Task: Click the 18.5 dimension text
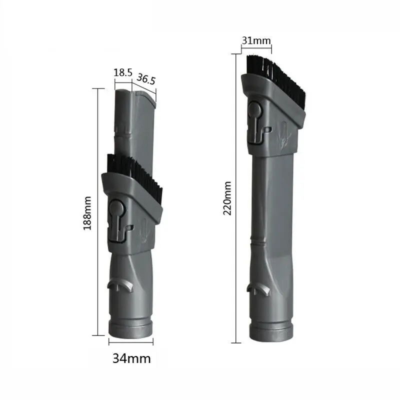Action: (x=122, y=73)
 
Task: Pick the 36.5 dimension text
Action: (x=145, y=79)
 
